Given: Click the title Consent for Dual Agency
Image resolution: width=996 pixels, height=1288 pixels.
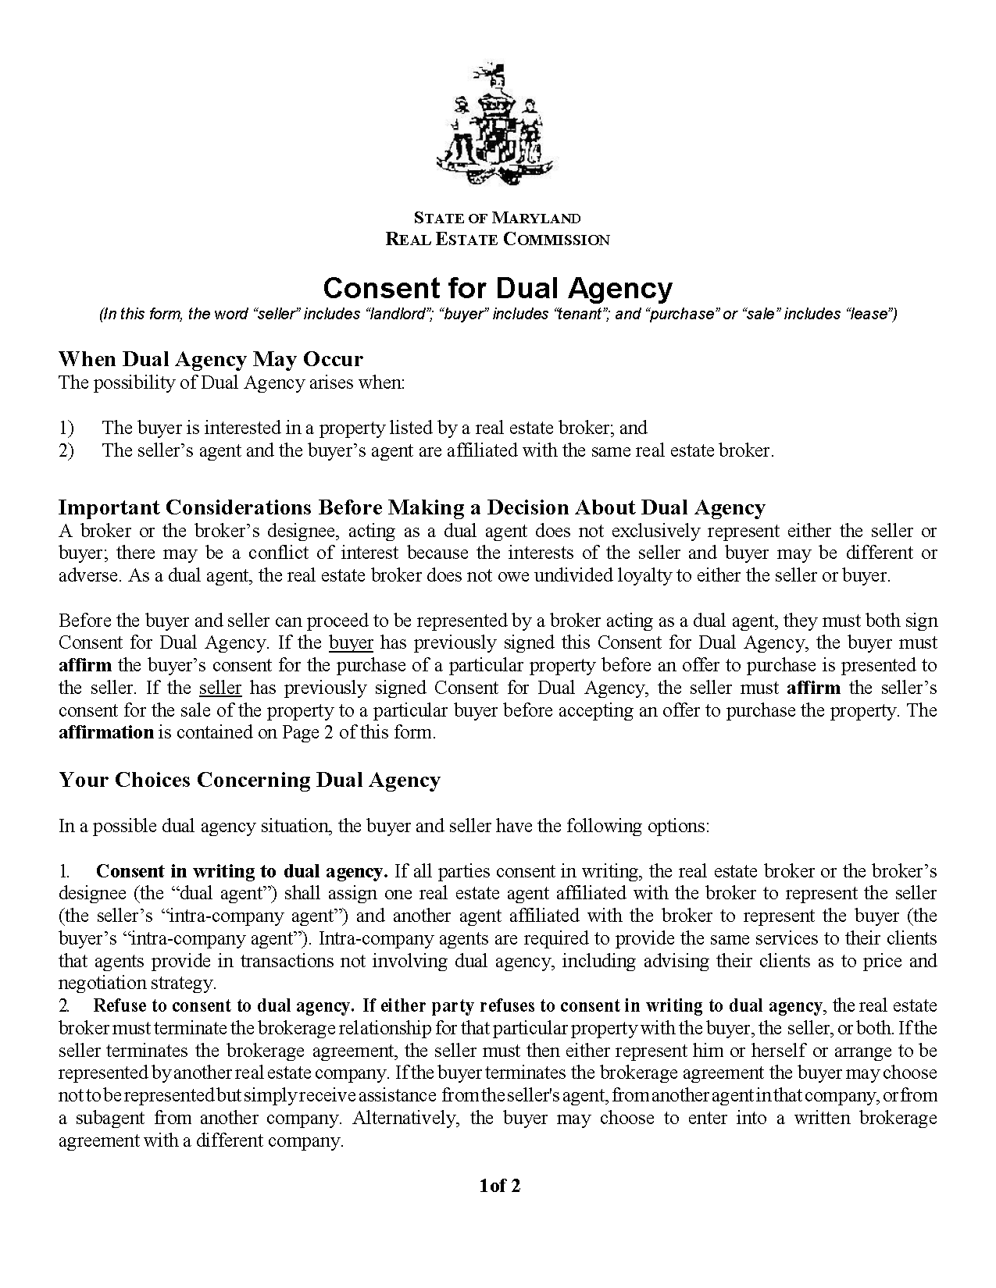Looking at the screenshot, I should (x=497, y=288).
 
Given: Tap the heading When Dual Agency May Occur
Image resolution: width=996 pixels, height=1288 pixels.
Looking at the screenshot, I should (x=211, y=359).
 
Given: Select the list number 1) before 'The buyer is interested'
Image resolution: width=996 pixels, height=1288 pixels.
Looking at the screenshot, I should (x=66, y=428).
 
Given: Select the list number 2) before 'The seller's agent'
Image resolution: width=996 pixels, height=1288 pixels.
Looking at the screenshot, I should (x=66, y=450).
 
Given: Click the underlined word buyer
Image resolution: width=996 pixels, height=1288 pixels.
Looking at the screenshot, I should (x=351, y=643).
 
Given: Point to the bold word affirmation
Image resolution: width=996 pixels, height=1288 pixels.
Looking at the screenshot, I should (x=106, y=733).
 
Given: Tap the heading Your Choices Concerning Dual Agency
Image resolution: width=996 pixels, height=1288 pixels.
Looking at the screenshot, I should (x=249, y=780).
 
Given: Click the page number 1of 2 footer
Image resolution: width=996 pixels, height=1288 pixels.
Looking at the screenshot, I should (x=499, y=1187).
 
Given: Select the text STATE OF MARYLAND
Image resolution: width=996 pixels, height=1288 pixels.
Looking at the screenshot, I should (x=497, y=218).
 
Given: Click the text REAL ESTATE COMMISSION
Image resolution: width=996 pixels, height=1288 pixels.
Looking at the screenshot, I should (x=497, y=240).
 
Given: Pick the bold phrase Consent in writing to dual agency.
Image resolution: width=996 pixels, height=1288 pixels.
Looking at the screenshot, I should (x=241, y=871).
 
